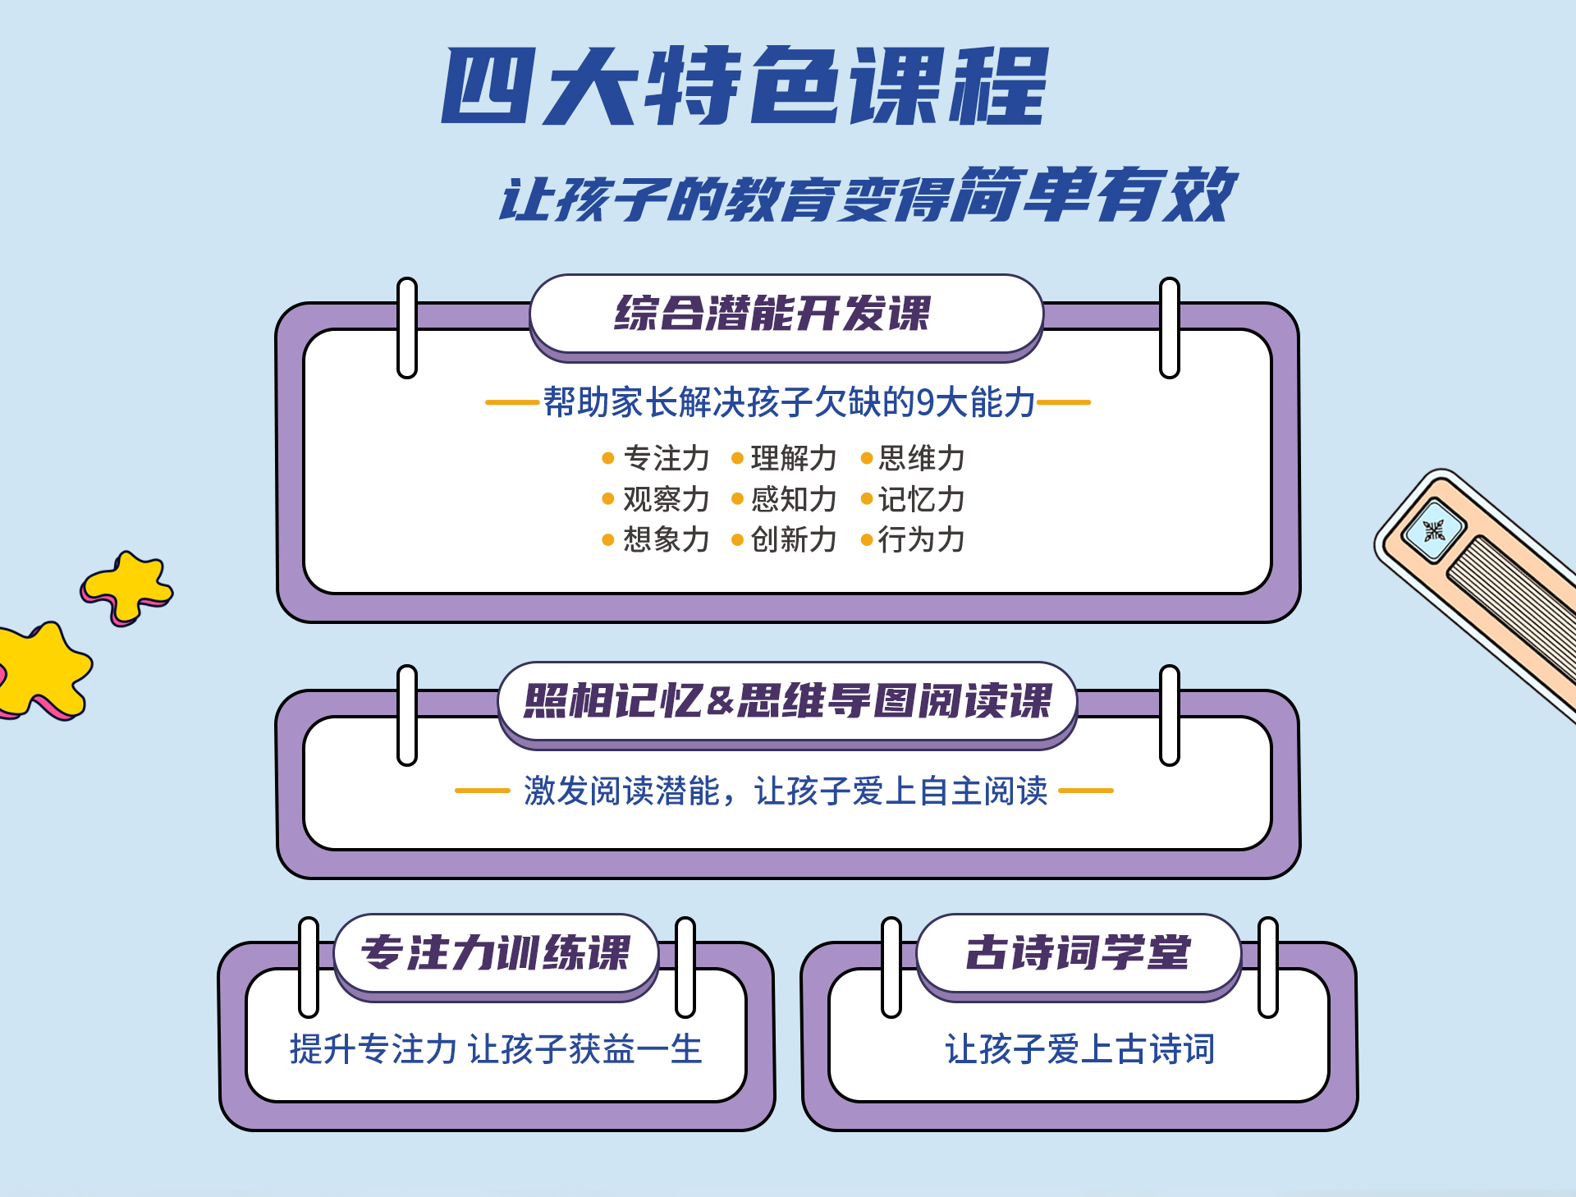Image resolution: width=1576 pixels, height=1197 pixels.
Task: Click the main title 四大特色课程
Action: pos(745,85)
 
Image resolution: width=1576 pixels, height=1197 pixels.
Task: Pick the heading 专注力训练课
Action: pos(496,953)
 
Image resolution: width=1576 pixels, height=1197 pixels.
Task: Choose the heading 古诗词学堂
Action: pos(1078,953)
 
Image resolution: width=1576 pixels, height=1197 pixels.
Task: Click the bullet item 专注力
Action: pos(666,458)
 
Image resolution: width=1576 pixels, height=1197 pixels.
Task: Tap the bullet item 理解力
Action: pos(793,458)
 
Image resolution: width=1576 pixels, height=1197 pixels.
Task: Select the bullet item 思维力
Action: pos(921,458)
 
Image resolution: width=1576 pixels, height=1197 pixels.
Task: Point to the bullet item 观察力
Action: pos(666,499)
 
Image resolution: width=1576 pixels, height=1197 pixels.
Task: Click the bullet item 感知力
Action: pos(793,499)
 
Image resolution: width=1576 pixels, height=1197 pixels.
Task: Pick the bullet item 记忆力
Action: pos(921,499)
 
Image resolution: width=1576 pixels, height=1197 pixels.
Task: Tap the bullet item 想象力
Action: pos(666,539)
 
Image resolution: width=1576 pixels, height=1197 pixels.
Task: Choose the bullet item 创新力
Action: pos(793,539)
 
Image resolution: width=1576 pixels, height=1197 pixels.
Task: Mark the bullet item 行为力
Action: pos(921,539)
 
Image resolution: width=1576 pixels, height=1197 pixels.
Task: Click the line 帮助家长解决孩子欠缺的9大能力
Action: pos(788,402)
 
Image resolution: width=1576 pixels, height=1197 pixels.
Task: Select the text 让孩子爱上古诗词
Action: pos(1079,1049)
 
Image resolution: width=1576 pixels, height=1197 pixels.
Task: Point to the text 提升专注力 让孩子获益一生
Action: pos(496,1049)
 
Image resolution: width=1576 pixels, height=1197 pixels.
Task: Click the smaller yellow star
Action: pos(128,586)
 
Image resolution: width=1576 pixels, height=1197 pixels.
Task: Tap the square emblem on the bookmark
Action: pos(1433,530)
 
